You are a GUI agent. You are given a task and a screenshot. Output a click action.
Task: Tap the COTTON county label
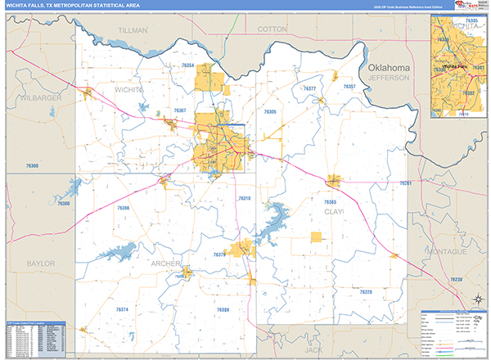pyautogui.click(x=273, y=29)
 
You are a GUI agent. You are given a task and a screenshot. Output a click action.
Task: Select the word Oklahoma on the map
pyautogui.click(x=388, y=67)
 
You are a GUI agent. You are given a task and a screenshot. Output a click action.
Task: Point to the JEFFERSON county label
pyautogui.click(x=388, y=78)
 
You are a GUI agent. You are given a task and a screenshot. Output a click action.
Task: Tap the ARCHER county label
pyautogui.click(x=164, y=263)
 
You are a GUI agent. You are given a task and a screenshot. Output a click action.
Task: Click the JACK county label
pyautogui.click(x=309, y=349)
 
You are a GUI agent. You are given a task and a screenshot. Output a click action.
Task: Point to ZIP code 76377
pyautogui.click(x=309, y=88)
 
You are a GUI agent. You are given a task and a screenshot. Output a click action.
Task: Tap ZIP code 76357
pyautogui.click(x=349, y=86)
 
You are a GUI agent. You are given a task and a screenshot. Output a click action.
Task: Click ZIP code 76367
pyautogui.click(x=179, y=110)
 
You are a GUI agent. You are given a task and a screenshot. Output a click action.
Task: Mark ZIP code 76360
pyautogui.click(x=32, y=166)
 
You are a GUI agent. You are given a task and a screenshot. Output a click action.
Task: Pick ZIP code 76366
pyautogui.click(x=123, y=208)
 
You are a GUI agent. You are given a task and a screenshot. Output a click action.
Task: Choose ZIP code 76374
pyautogui.click(x=122, y=309)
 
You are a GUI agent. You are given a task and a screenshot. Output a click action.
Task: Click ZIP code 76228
pyautogui.click(x=366, y=291)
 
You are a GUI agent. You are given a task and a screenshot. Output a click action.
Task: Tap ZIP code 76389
pyautogui.click(x=223, y=309)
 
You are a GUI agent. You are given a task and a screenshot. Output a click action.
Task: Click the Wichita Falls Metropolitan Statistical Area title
pyautogui.click(x=71, y=7)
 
